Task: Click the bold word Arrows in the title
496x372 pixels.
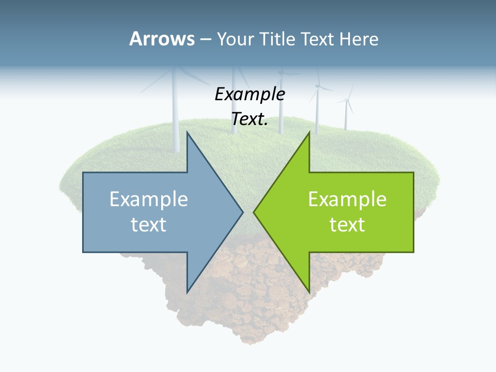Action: tap(162, 39)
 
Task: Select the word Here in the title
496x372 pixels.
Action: tap(359, 39)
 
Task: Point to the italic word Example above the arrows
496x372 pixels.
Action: tap(250, 95)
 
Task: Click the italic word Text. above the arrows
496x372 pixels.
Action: tap(250, 119)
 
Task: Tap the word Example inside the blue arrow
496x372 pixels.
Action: tap(149, 199)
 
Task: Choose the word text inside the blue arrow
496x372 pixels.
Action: tap(149, 225)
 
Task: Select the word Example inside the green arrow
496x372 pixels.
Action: tap(347, 199)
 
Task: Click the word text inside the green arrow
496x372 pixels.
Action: tap(347, 225)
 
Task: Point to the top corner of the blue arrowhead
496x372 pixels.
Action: tap(187, 132)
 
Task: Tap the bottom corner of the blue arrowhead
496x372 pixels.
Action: tap(187, 292)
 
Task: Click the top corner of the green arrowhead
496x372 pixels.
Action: tap(309, 132)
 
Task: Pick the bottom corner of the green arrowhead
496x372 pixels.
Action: tap(309, 292)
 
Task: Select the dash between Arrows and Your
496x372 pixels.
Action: tap(206, 40)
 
